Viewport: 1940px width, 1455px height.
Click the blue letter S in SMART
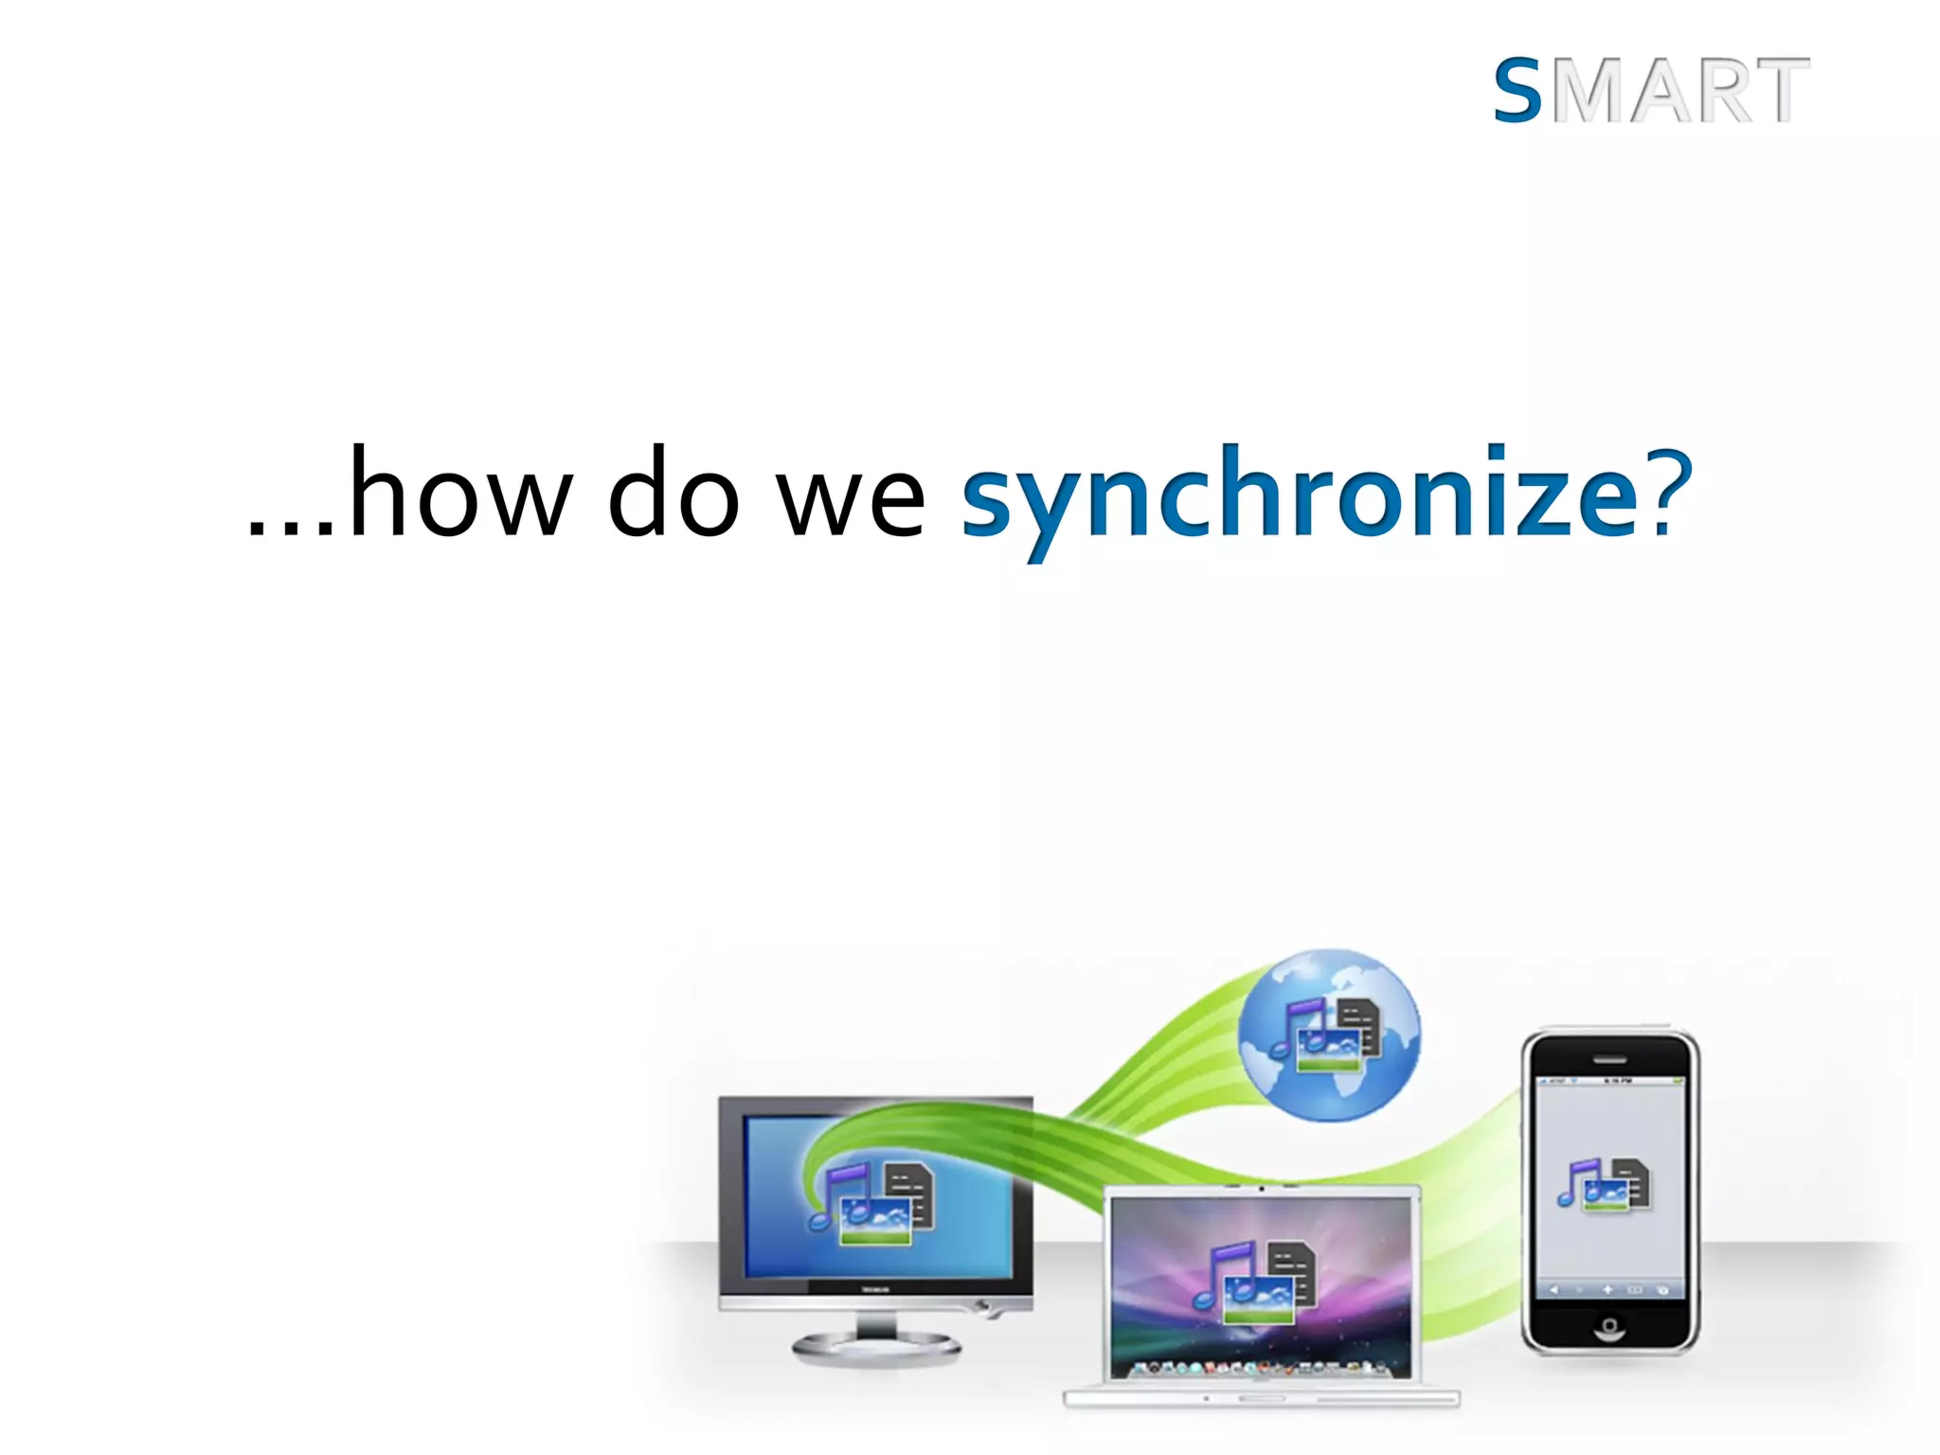tap(1518, 91)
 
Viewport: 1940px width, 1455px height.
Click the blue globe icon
tap(1330, 1034)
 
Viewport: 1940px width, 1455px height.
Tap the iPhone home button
tap(1609, 1325)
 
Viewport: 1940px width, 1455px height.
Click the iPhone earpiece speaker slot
tap(1609, 1060)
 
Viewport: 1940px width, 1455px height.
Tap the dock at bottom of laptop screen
tap(1260, 1368)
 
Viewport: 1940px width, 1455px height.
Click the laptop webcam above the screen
tap(1261, 1189)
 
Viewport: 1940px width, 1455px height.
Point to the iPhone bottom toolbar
tap(1609, 1290)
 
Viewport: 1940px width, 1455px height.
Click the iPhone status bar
tap(1609, 1081)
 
